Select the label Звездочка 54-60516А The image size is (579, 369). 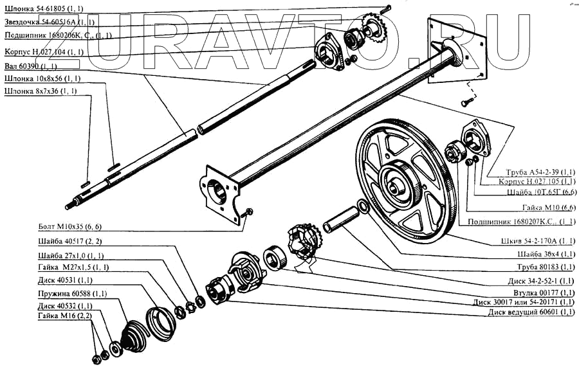click(x=48, y=22)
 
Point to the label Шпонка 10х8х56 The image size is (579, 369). click(x=42, y=79)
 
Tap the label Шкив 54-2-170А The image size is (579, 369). click(x=540, y=242)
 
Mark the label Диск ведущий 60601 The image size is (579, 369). click(x=531, y=312)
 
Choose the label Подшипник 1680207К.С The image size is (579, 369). click(x=531, y=221)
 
